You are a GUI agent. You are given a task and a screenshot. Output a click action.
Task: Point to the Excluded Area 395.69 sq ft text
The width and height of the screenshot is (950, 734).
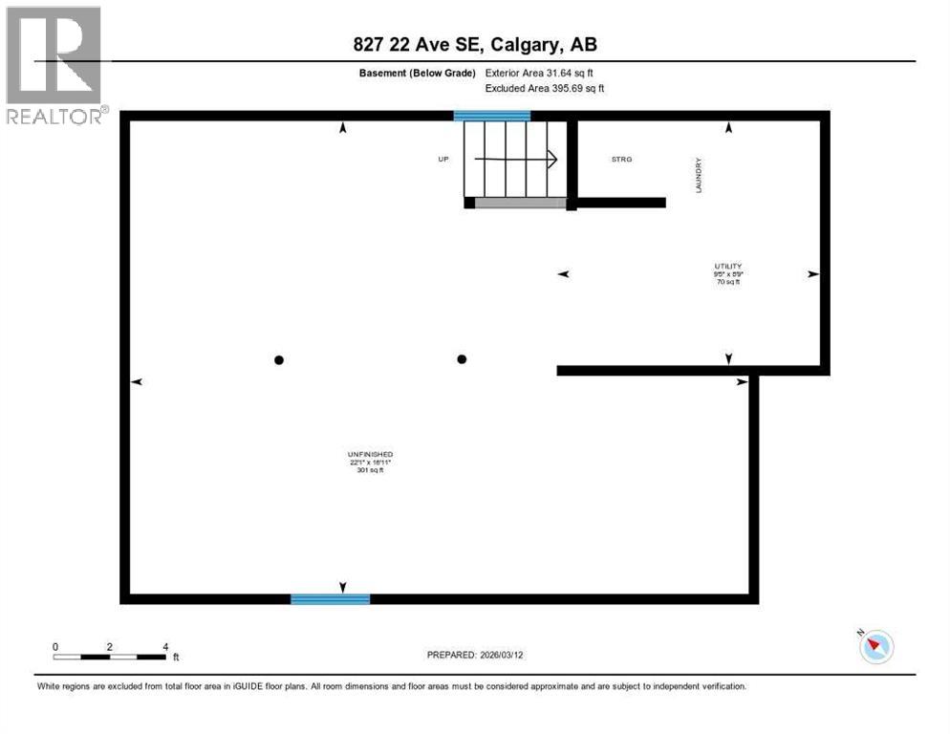point(546,88)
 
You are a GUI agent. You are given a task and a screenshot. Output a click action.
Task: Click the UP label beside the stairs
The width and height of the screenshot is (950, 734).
point(443,159)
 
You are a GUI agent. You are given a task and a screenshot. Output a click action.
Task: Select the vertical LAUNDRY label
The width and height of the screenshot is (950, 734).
point(699,176)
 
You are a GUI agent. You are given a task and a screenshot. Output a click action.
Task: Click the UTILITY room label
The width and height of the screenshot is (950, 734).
point(727,267)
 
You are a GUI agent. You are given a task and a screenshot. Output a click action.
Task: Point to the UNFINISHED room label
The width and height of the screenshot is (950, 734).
point(371,454)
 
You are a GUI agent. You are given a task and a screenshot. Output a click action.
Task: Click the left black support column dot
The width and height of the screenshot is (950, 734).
point(279,360)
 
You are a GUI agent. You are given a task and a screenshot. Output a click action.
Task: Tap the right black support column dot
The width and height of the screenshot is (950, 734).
point(462,359)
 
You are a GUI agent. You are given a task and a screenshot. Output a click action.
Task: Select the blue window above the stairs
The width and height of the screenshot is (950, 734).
point(491,116)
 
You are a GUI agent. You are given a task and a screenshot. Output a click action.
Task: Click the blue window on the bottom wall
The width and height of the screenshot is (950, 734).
point(330,599)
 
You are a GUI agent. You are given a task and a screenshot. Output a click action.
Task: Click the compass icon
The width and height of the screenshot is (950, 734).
point(875,648)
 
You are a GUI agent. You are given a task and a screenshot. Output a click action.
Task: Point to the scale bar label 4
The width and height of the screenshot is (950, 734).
point(165,647)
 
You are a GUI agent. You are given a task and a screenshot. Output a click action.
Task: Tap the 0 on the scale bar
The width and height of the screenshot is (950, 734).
point(55,647)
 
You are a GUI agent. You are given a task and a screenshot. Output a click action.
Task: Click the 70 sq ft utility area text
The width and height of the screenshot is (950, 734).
point(727,283)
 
